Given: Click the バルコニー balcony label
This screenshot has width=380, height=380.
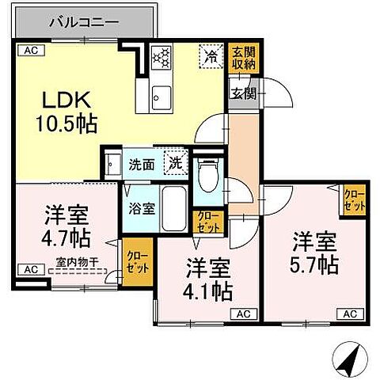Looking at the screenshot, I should [82, 21].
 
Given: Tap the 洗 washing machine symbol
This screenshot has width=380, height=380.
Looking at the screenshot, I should [177, 165].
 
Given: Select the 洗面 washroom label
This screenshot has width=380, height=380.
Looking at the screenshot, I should [142, 166].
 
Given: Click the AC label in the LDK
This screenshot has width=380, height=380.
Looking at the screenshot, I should [31, 51].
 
